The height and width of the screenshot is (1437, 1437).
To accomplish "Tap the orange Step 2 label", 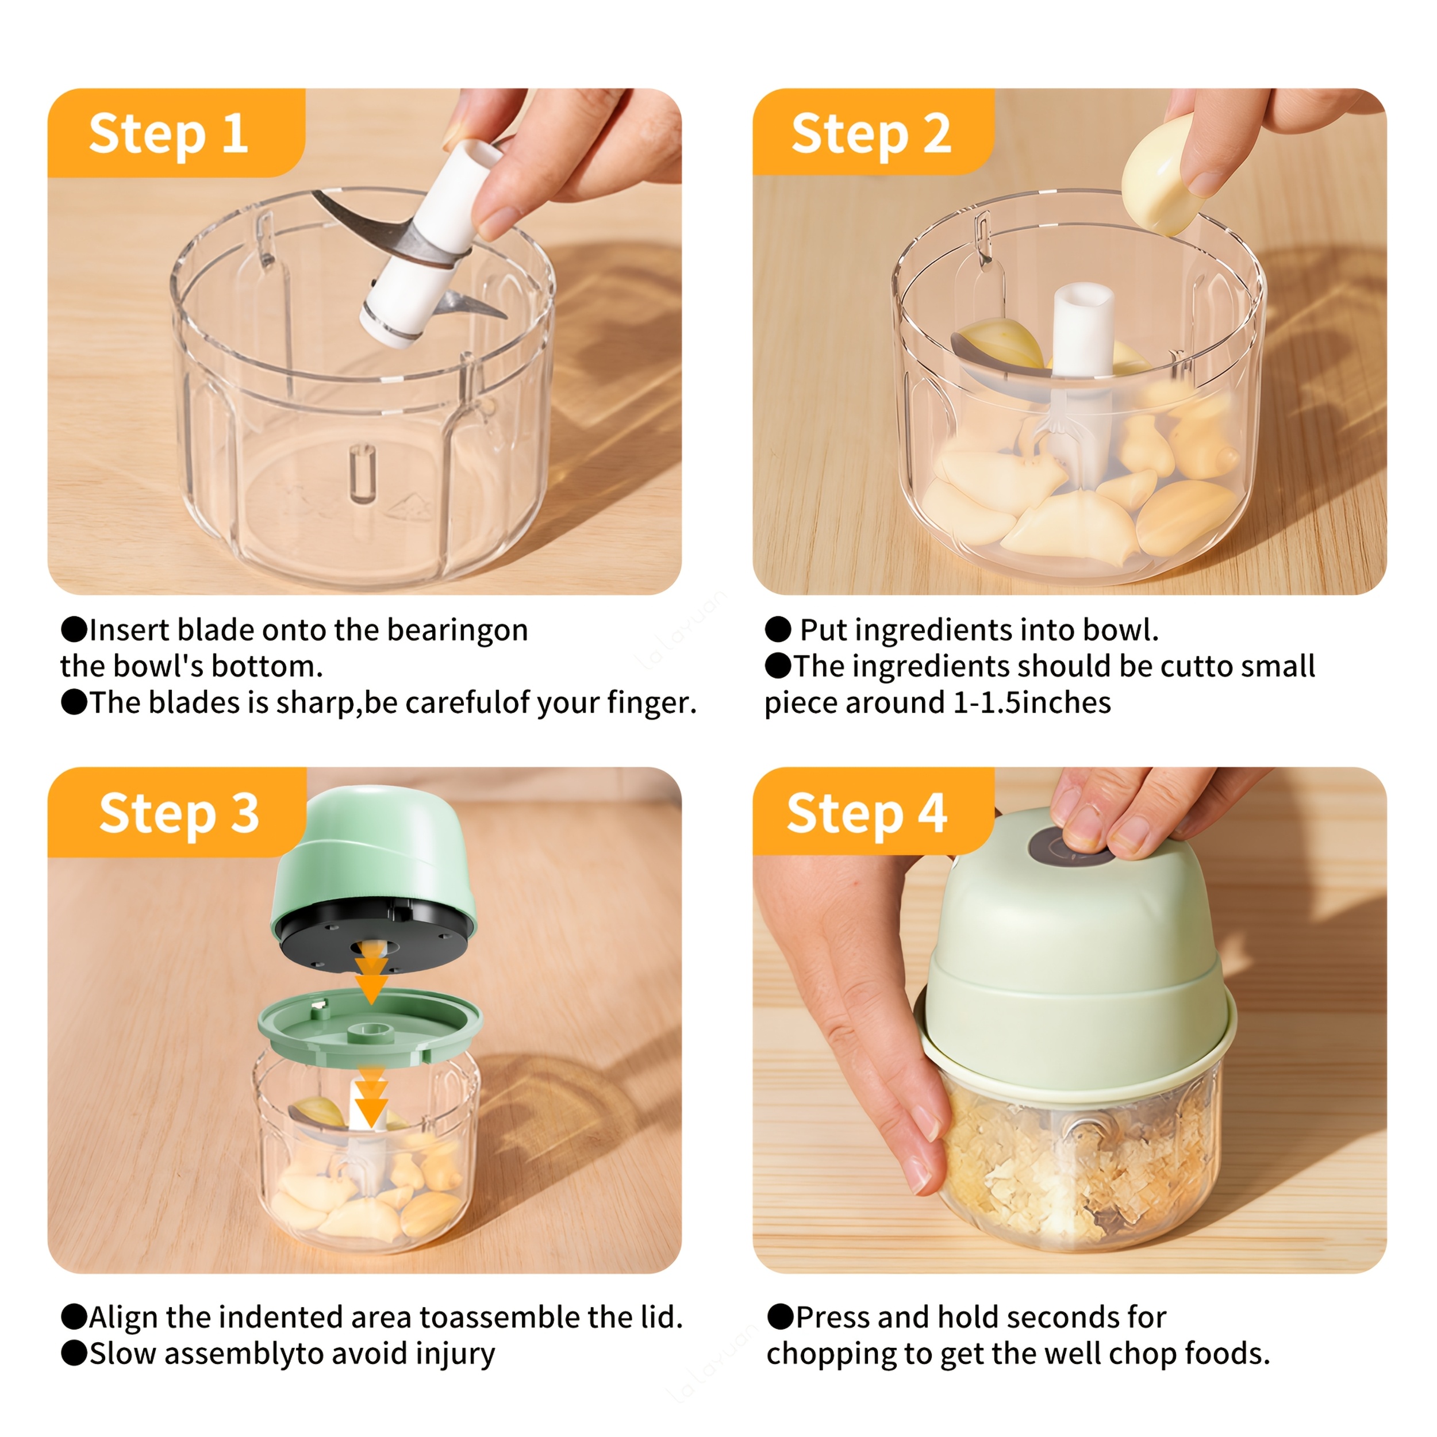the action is (x=873, y=132).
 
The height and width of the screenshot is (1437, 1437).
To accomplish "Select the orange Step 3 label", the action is (x=177, y=812).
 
